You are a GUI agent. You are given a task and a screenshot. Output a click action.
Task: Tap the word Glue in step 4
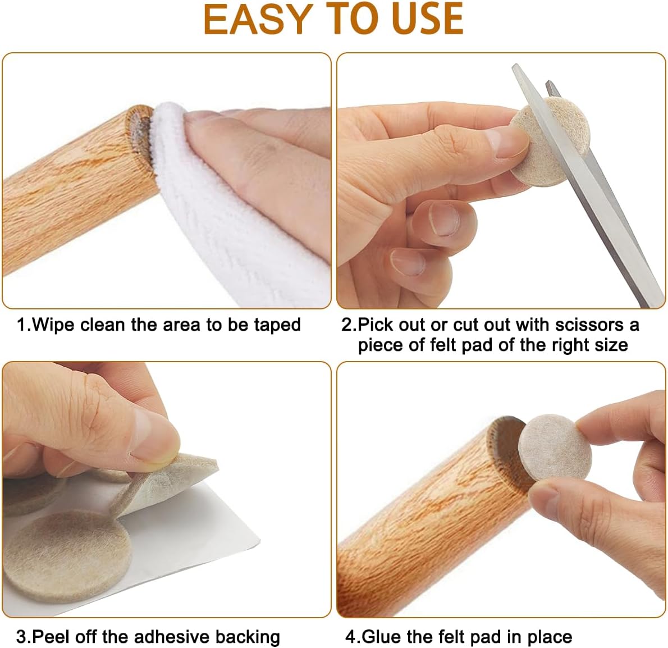tap(383, 637)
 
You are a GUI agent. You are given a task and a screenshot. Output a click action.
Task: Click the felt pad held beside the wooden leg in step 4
tap(552, 448)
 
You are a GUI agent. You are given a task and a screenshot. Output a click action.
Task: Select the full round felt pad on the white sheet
tap(66, 557)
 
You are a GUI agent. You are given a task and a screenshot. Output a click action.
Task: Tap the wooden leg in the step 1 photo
tap(77, 188)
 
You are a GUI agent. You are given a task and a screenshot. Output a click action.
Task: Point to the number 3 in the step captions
tap(21, 637)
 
